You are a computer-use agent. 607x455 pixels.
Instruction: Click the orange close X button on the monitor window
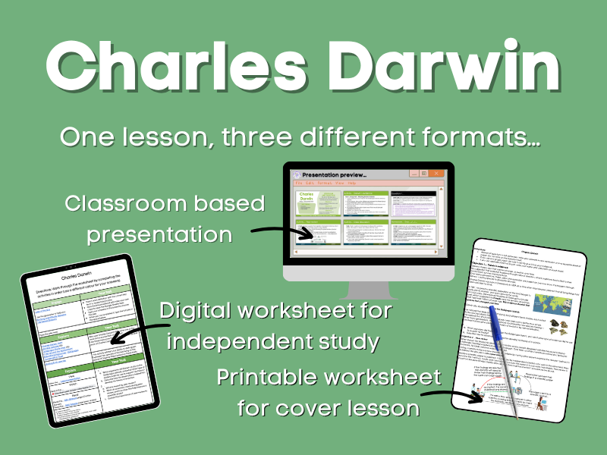pos(438,174)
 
